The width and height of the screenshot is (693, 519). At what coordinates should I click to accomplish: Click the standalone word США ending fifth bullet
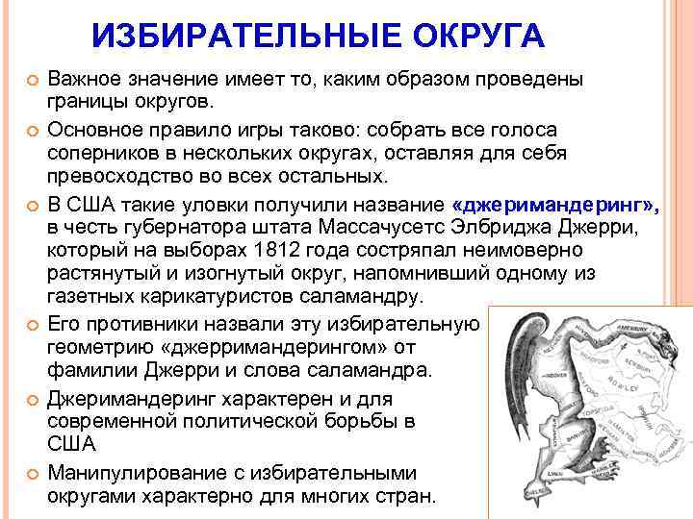click(x=69, y=444)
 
